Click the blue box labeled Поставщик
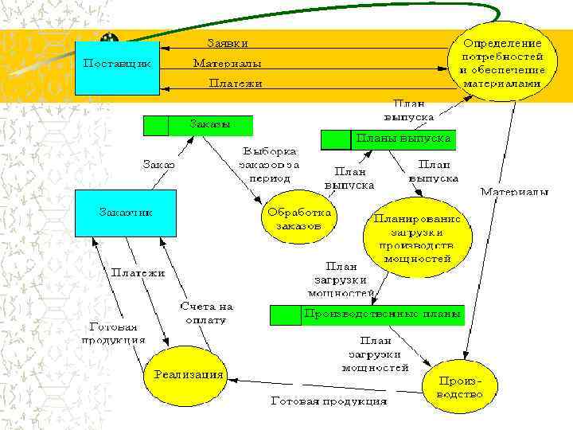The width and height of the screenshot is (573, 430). point(117,63)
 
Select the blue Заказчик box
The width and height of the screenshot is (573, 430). point(125,213)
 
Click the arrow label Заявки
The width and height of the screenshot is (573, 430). point(228,43)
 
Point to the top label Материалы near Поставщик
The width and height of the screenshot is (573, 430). point(228,63)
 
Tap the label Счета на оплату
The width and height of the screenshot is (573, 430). point(206,312)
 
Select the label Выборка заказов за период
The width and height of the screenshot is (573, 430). point(271,165)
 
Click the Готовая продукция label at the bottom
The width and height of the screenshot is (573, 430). point(329,401)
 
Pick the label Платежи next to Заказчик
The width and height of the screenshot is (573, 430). point(138,272)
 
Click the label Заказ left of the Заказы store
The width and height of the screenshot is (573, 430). point(158,165)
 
